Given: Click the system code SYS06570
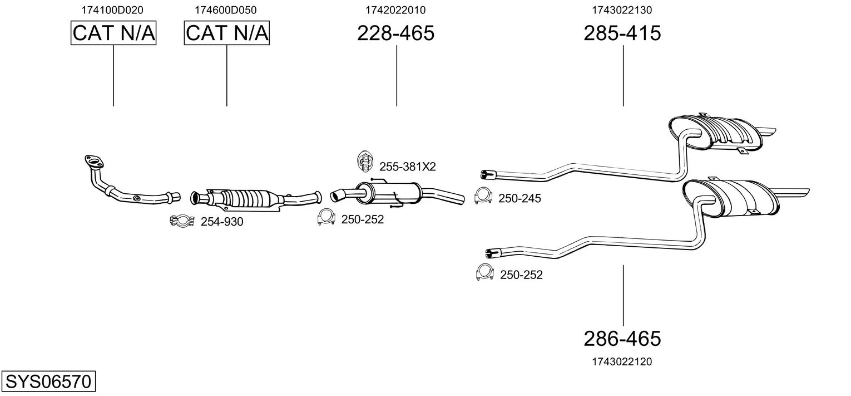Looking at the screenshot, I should click(x=48, y=382).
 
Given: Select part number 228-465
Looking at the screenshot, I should click(x=395, y=33).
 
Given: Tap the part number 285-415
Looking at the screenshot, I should click(x=622, y=33).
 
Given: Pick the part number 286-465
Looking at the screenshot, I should click(x=622, y=338).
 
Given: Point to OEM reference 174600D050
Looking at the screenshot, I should click(x=226, y=10).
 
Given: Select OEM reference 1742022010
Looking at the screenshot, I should click(x=395, y=10).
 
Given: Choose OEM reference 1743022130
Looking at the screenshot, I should click(x=622, y=10).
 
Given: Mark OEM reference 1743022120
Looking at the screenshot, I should click(x=622, y=361).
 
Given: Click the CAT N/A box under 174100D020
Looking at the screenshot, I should click(x=113, y=33).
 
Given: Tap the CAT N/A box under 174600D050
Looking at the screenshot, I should click(x=227, y=33).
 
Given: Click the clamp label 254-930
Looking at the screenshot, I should click(x=222, y=222).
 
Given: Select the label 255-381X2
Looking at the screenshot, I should click(x=408, y=167).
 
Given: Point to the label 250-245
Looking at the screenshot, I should click(x=519, y=198).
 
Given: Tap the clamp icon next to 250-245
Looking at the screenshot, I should click(x=483, y=196).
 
